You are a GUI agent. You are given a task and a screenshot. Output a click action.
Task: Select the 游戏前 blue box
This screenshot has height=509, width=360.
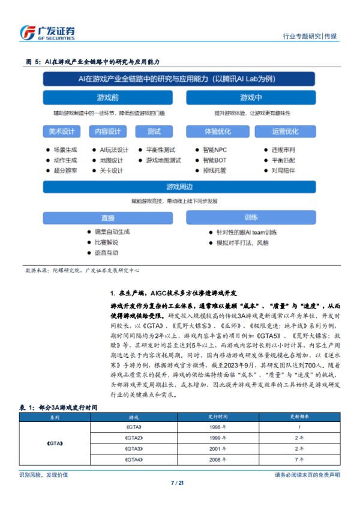tap(111, 97)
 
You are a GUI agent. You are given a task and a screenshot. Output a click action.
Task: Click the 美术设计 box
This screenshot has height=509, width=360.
tap(62, 131)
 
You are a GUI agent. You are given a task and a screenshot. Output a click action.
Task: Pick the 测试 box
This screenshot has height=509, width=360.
tap(154, 131)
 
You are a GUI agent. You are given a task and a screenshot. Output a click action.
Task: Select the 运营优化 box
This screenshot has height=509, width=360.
tap(285, 131)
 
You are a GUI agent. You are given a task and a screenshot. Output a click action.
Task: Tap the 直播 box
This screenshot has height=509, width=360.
tap(108, 217)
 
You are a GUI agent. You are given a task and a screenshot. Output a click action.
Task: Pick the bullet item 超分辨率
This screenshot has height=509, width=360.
tap(65, 170)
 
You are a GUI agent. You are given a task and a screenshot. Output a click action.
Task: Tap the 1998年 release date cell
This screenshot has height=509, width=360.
tap(218, 426)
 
